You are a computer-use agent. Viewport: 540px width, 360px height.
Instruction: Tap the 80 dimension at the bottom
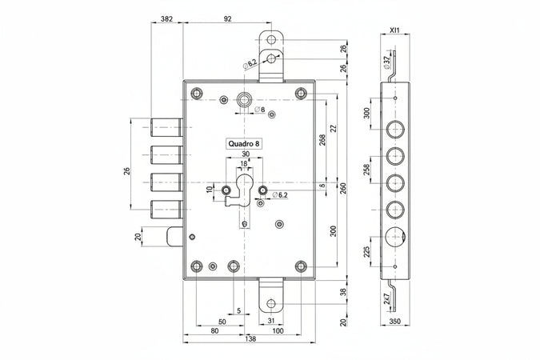(x=214, y=330)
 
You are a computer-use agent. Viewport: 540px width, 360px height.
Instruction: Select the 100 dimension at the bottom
(x=277, y=330)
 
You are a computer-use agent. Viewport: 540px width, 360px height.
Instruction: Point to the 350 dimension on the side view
(x=394, y=321)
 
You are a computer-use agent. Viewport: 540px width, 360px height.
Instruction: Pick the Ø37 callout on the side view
(x=388, y=60)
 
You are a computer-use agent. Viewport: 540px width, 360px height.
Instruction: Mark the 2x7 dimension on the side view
(x=388, y=300)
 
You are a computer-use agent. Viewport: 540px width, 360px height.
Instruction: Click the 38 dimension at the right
(x=345, y=293)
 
